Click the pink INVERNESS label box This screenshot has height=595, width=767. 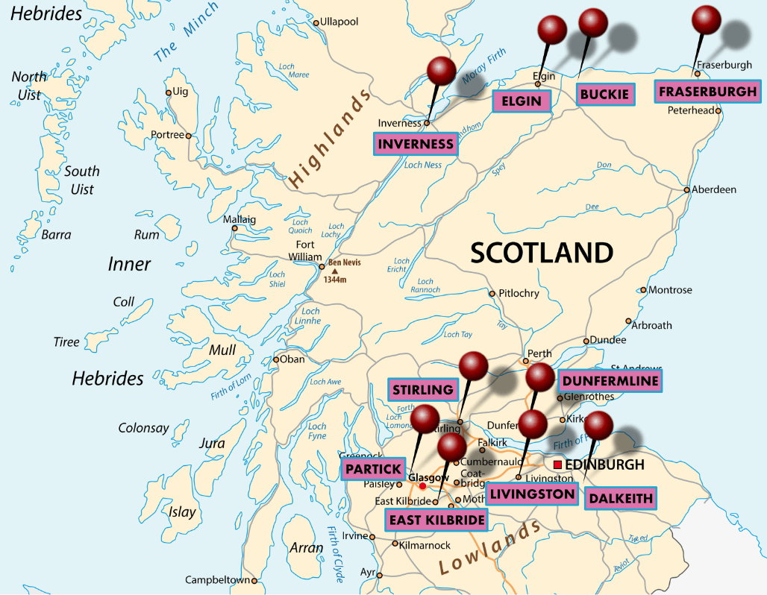[x=416, y=144]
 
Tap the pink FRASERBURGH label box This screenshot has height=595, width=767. [x=707, y=92]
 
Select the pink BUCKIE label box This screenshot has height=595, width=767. [x=605, y=95]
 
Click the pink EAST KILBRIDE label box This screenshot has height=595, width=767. [x=436, y=520]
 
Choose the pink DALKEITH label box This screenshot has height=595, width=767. [x=620, y=498]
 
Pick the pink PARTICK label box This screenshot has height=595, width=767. [x=372, y=469]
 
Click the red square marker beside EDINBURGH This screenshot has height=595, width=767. [x=557, y=465]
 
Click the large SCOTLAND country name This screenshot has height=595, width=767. [x=542, y=253]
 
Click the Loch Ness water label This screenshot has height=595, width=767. [x=422, y=165]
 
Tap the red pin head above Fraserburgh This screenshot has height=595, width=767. [x=707, y=19]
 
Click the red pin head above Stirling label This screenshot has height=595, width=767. [x=473, y=365]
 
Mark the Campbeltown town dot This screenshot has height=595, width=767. [x=254, y=580]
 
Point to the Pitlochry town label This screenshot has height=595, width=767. [x=519, y=293]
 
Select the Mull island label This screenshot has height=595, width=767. [x=222, y=350]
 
